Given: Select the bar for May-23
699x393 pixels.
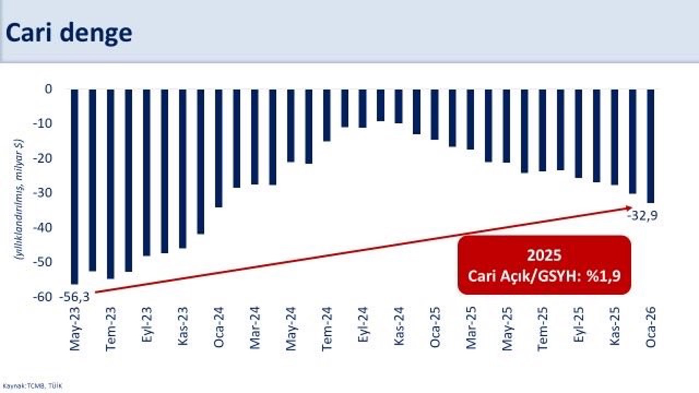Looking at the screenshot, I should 75,186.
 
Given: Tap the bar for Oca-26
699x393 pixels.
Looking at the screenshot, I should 650,146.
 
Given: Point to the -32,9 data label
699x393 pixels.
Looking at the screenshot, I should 642,216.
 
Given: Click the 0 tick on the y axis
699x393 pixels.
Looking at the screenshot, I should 48,89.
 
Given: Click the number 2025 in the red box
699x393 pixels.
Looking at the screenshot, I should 544,255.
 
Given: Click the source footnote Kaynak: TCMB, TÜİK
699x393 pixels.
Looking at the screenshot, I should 32,386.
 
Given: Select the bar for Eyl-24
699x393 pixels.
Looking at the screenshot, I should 363,108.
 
